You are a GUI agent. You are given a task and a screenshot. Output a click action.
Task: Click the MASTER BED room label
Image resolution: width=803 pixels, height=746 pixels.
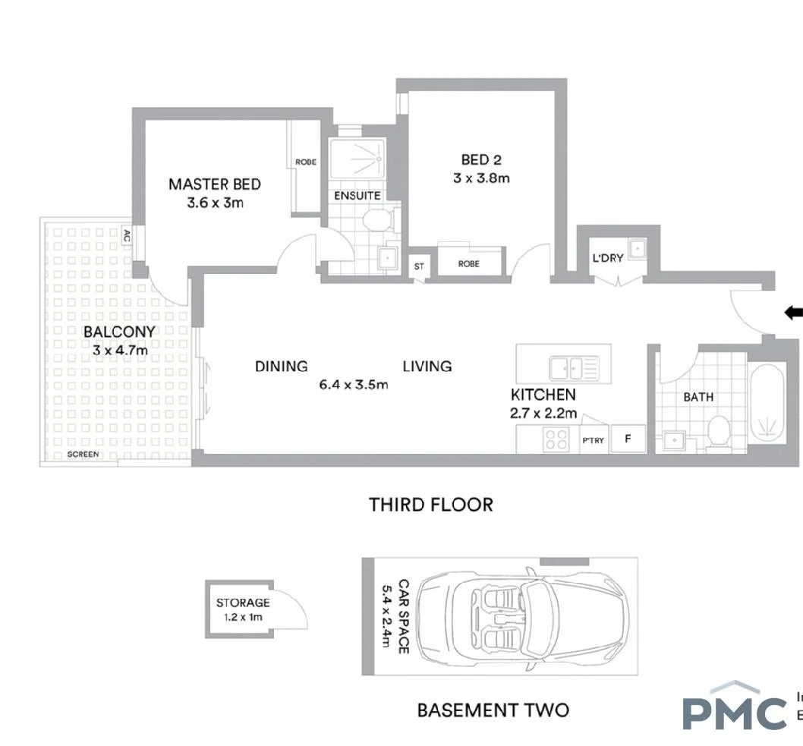(x=214, y=184)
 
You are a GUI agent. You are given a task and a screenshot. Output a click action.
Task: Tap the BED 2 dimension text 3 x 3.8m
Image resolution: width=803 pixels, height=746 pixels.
(x=480, y=178)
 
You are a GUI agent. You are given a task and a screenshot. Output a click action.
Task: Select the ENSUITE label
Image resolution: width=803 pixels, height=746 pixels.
(x=357, y=196)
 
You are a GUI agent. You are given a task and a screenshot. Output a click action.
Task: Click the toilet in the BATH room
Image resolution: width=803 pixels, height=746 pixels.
(x=716, y=433)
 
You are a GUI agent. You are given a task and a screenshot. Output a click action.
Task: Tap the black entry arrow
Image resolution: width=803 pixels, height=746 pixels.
(x=793, y=312)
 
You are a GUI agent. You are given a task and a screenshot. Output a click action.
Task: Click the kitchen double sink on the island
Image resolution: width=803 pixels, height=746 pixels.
(x=574, y=368)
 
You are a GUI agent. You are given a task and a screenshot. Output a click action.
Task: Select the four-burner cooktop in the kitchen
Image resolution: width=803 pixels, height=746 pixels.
(x=556, y=439)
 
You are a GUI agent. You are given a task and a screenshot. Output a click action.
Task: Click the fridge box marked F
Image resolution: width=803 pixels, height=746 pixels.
(x=628, y=439)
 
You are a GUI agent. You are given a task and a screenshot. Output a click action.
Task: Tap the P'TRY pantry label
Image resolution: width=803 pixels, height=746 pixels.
(x=593, y=440)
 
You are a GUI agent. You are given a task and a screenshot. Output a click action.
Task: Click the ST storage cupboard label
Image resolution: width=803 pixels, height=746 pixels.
(x=419, y=266)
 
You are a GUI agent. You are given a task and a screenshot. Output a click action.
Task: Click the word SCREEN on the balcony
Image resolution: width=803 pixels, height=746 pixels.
(x=83, y=455)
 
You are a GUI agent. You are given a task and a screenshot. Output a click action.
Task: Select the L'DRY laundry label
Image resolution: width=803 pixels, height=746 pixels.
(x=607, y=257)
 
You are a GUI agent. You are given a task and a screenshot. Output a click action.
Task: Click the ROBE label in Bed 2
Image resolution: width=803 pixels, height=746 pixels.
(x=468, y=264)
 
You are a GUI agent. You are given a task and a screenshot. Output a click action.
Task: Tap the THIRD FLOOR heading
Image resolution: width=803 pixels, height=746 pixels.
(x=430, y=504)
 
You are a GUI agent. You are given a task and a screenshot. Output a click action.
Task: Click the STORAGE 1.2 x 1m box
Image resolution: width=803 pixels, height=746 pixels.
(x=242, y=609)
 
